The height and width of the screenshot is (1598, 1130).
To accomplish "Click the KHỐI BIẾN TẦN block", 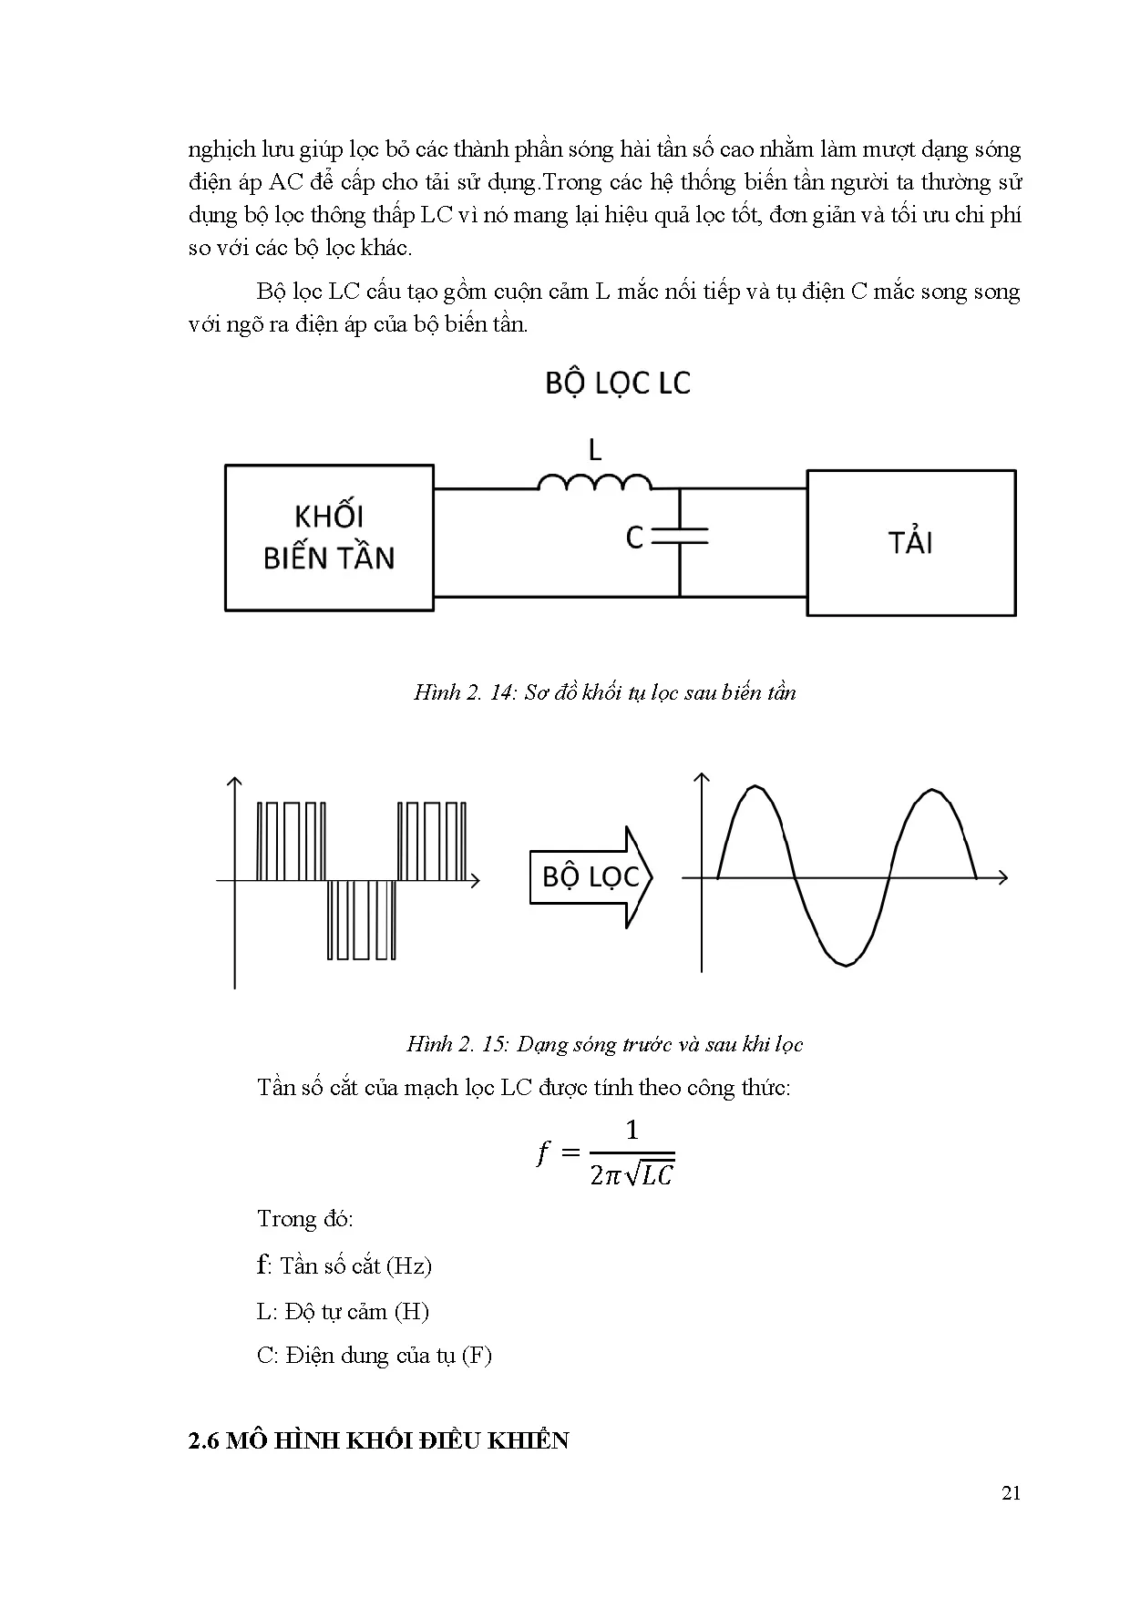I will coord(329,538).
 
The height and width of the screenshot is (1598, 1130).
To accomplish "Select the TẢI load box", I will coord(910,543).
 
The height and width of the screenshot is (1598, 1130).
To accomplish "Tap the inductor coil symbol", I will coord(594,482).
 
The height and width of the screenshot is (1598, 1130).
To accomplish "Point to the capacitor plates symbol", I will coord(680,538).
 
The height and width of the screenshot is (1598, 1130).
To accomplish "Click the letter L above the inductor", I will coord(595,449).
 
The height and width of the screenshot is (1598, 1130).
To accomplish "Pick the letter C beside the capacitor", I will coord(635,538).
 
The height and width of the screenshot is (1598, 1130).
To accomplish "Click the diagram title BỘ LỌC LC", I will coord(618,384).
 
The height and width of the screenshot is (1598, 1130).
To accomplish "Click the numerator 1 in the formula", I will coord(632,1131).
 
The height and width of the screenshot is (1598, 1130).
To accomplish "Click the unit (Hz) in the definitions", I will coord(408,1265).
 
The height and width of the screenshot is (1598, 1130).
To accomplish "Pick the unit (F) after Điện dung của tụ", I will coord(477,1355).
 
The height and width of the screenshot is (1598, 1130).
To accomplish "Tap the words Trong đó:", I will coord(305,1219).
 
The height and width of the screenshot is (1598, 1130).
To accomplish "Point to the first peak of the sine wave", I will coord(755,787).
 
